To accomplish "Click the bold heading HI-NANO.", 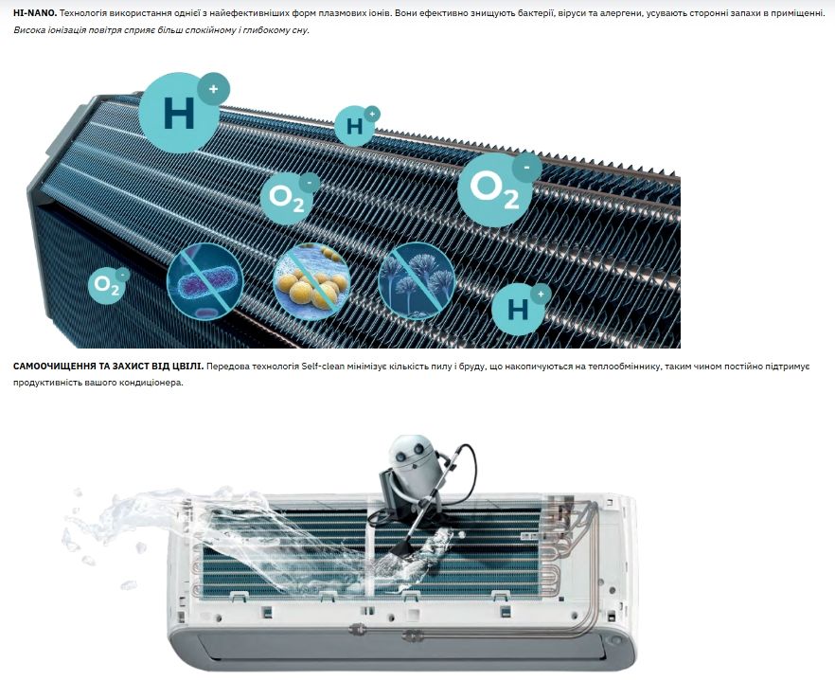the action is [x=35, y=13].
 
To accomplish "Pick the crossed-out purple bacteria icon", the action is [x=205, y=281].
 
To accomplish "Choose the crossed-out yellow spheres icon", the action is [x=311, y=281].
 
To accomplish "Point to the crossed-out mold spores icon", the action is [x=417, y=281].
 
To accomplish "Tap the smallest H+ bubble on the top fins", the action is [x=356, y=125].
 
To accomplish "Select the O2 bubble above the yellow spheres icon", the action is [x=289, y=197].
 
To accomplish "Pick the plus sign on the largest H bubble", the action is [x=214, y=89].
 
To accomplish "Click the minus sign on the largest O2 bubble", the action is [x=526, y=168].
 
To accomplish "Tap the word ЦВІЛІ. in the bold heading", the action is [x=188, y=367].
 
